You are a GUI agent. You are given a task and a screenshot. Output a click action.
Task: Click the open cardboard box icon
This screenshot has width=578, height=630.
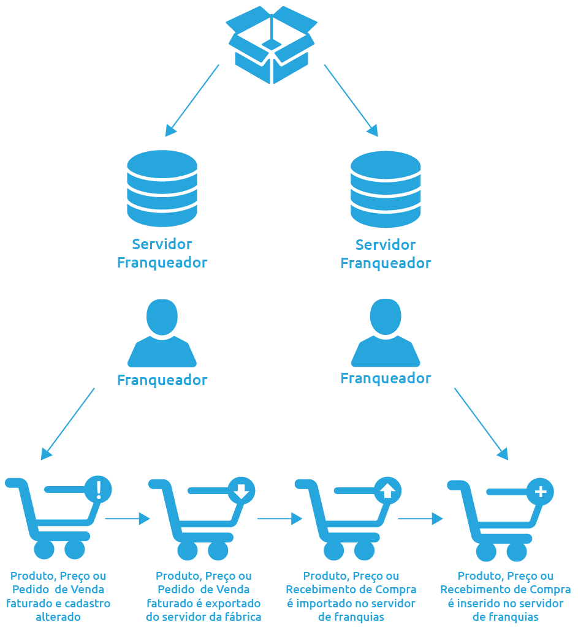pyautogui.click(x=272, y=44)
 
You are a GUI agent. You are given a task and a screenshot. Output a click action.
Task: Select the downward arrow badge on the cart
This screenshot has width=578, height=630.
pyautogui.click(x=241, y=490)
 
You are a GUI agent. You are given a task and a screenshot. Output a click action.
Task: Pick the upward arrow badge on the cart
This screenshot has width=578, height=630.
pyautogui.click(x=387, y=490)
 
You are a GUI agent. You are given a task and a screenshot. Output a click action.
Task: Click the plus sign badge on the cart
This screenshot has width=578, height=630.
pyautogui.click(x=540, y=491)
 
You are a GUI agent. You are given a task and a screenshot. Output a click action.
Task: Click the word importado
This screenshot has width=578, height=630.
pyautogui.click(x=323, y=603)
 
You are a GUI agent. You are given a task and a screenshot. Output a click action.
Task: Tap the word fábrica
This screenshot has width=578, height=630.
pyautogui.click(x=242, y=617)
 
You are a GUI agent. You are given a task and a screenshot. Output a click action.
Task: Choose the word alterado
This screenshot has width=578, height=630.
pyautogui.click(x=58, y=617)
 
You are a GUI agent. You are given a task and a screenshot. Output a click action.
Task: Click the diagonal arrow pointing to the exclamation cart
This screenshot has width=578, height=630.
pyautogui.click(x=67, y=424)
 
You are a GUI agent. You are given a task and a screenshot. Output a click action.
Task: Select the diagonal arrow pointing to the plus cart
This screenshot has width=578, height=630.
pyautogui.click(x=481, y=424)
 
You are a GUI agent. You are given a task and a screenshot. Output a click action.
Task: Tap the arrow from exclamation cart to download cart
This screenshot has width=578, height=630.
pyautogui.click(x=127, y=519)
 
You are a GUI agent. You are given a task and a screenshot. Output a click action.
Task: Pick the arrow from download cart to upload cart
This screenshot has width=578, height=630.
pyautogui.click(x=279, y=519)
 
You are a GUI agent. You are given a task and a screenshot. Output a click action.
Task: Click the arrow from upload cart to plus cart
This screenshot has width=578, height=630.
pyautogui.click(x=420, y=519)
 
